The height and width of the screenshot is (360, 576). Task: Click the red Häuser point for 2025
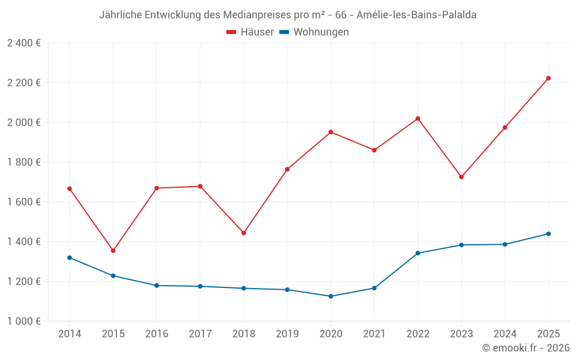coord(548,78)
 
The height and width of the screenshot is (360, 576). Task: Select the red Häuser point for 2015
coord(113,251)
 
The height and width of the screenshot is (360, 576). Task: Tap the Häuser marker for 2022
coord(418,119)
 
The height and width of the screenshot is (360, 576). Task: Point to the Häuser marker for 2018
coord(244,233)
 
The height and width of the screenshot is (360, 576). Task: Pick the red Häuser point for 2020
coord(331,132)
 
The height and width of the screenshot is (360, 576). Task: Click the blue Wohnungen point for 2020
coord(331,296)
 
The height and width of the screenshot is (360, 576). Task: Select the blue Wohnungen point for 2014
coord(70,257)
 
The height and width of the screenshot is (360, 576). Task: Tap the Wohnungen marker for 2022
coord(418,253)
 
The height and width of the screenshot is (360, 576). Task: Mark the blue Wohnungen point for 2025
coord(548,234)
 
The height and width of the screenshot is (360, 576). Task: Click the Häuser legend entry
coord(250,32)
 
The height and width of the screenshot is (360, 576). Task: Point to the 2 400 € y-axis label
coord(24,43)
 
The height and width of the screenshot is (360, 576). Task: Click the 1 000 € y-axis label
coord(24,321)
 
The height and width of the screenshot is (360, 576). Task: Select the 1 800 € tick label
coord(24,162)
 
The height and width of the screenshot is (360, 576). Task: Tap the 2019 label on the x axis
coord(287,334)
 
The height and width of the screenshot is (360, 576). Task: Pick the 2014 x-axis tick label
coord(70,334)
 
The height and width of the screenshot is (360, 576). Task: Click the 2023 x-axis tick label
coord(461,334)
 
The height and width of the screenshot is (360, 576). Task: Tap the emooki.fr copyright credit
coord(525,348)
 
